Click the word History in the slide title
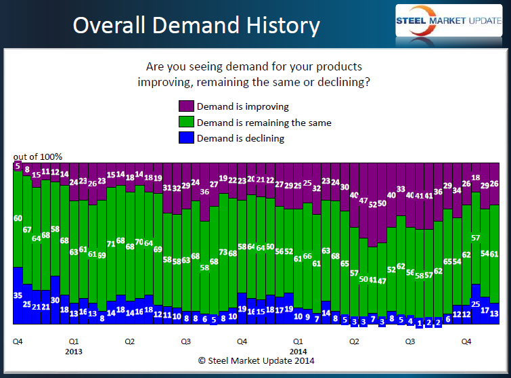pyautogui.click(x=277, y=26)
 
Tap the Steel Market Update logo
pyautogui.click(x=447, y=21)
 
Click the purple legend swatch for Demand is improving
pyautogui.click(x=186, y=106)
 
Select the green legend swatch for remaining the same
pyautogui.click(x=186, y=123)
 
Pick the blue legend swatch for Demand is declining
pyautogui.click(x=186, y=138)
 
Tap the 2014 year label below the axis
pyautogui.click(x=298, y=352)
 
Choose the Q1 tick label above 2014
pyautogui.click(x=298, y=342)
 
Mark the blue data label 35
pyautogui.click(x=18, y=295)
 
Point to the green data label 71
pyautogui.click(x=112, y=244)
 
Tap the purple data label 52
pyautogui.click(x=373, y=205)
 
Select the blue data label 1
pyautogui.click(x=420, y=323)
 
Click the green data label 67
pyautogui.click(x=28, y=230)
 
